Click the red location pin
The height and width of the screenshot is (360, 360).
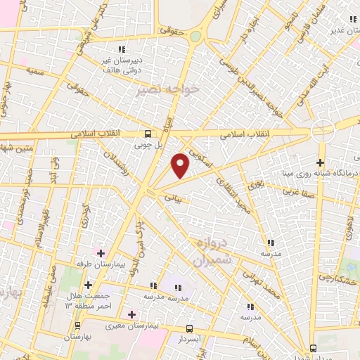click(181, 165)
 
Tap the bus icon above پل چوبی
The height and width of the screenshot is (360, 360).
click(148, 134)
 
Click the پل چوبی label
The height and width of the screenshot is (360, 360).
click(148, 145)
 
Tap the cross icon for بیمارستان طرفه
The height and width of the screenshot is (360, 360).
click(101, 253)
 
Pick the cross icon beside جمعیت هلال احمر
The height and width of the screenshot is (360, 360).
click(88, 285)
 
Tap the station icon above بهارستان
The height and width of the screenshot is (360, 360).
click(77, 326)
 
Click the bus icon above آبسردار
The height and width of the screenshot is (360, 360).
click(190, 328)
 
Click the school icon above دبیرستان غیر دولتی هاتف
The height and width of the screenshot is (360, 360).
click(122, 49)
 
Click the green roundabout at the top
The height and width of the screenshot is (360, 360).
click(195, 36)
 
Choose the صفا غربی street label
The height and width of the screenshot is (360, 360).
click(297, 190)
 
